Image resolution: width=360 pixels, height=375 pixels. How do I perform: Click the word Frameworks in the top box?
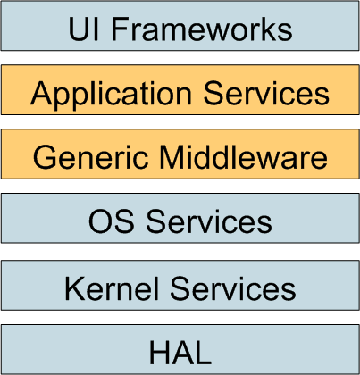pos(202,29)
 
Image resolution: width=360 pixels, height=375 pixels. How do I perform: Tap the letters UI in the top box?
pos(83,29)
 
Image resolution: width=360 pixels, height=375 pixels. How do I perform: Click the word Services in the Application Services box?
pos(266,94)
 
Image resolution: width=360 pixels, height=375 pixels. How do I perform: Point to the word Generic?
pos(90,157)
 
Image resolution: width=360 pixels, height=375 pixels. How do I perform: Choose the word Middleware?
pos(243,157)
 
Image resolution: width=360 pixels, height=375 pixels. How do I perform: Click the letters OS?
pos(111,221)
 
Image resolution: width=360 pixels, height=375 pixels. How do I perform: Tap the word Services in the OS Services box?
pos(209,221)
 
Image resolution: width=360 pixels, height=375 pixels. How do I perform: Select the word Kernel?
pos(112,288)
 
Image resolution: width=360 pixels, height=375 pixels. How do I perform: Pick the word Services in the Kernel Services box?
pos(233,288)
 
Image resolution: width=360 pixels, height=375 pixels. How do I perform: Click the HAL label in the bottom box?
pos(180,353)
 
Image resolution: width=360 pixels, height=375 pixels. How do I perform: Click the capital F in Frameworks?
pos(120,29)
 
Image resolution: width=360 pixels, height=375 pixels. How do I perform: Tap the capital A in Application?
pos(41,93)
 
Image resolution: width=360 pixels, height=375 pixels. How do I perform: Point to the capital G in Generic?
pos(45,157)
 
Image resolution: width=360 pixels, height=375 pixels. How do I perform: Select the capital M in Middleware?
pos(172,157)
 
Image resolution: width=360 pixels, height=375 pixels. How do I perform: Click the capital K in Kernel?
pos(75,288)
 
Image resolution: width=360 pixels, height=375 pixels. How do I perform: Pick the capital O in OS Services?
pos(100,221)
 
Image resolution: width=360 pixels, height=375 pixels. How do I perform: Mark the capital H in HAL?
pos(159,353)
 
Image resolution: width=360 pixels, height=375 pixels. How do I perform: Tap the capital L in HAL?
pos(204,353)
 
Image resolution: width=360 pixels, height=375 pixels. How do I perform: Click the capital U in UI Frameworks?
pos(79,29)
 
